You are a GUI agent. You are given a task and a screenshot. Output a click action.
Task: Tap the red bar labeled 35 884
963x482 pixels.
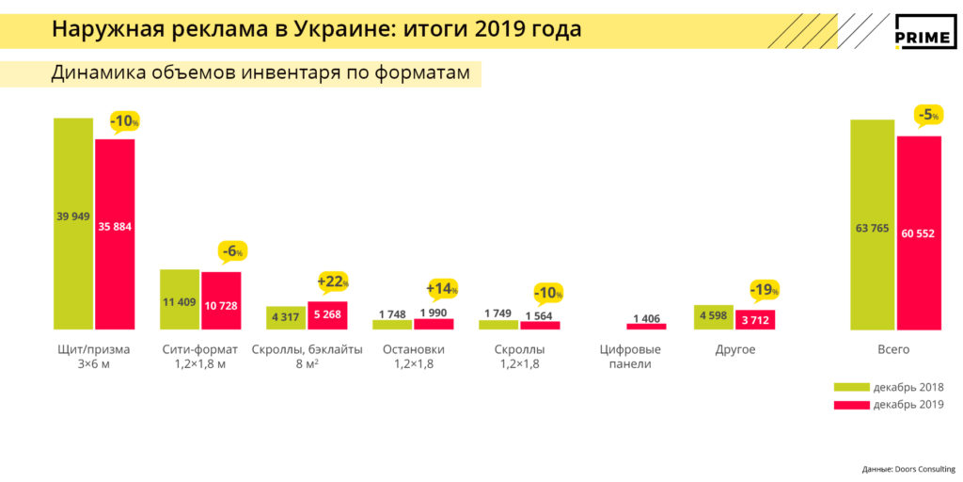pos(115,234)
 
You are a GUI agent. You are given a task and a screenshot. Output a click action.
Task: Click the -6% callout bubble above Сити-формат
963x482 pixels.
pos(232,251)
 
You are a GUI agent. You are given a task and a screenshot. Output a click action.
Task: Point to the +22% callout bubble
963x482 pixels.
pos(333,281)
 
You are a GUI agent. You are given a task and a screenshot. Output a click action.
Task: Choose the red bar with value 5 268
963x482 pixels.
pos(327,315)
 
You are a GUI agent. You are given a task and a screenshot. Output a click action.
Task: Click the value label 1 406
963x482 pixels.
pos(646,318)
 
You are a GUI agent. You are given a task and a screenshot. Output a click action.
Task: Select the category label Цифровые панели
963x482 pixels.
pos(630,357)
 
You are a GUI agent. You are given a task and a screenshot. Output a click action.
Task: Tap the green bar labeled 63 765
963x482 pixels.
pos(872,225)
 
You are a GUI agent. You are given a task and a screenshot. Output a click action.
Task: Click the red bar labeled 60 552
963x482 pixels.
pos(919,233)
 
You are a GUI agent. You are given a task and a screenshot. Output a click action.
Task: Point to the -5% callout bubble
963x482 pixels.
pos(927,116)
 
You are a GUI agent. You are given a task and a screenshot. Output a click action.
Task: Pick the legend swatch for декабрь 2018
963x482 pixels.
pos(850,387)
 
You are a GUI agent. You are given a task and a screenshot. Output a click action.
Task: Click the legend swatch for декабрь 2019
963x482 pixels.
pos(850,405)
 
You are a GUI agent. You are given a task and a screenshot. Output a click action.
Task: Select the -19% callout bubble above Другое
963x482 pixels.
pos(764,290)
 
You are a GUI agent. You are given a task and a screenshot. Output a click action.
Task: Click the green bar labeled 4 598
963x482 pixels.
pos(713,317)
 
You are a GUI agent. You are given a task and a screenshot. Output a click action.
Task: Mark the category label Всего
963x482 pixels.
pos(893,349)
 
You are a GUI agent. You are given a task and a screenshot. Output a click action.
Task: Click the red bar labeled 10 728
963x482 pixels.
pos(221,300)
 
